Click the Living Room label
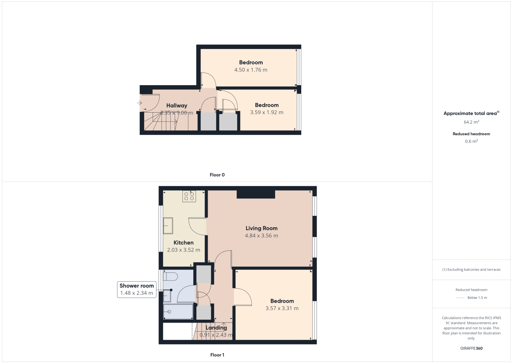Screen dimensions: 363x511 pyautogui.click(x=261, y=228)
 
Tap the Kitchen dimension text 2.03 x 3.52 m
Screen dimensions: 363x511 pyautogui.click(x=183, y=250)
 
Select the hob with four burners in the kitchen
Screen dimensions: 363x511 pyautogui.click(x=189, y=196)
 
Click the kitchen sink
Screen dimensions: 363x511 pyautogui.click(x=168, y=226)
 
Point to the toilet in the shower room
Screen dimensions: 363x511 pyautogui.click(x=170, y=276)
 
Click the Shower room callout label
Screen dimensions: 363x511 pyautogui.click(x=137, y=286)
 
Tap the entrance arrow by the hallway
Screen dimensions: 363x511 pyautogui.click(x=139, y=103)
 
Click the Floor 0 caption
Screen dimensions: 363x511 pyautogui.click(x=217, y=175)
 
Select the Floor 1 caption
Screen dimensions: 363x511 pyautogui.click(x=217, y=355)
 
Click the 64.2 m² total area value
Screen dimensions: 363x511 pyautogui.click(x=471, y=122)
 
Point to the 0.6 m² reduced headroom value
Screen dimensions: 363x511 pyautogui.click(x=471, y=141)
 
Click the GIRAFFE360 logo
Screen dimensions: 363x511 pyautogui.click(x=471, y=348)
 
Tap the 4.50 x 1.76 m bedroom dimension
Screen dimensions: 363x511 pyautogui.click(x=251, y=70)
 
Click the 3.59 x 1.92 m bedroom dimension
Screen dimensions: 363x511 pyautogui.click(x=267, y=112)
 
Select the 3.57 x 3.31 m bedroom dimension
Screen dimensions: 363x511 pyautogui.click(x=282, y=308)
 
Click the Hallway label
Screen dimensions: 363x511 pyautogui.click(x=177, y=105)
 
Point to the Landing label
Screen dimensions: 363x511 pyautogui.click(x=216, y=328)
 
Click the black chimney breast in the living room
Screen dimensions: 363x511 pyautogui.click(x=256, y=194)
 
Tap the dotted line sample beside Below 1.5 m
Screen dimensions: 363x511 pyautogui.click(x=460, y=298)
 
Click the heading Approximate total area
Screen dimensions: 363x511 pyautogui.click(x=470, y=113)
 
